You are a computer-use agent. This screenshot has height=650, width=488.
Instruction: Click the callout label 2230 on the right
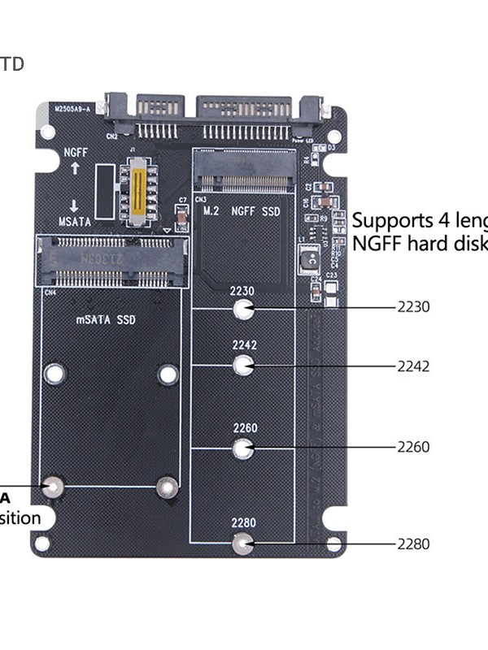point(413,307)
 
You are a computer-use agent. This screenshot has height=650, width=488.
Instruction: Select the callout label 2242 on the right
point(413,366)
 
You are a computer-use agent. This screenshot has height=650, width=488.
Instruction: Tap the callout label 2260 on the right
point(413,447)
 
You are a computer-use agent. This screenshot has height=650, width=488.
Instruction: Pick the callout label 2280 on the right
point(413,544)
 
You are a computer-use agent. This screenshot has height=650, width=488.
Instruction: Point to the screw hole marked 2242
point(242,366)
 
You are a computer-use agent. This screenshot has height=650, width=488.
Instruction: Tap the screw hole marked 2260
point(242,448)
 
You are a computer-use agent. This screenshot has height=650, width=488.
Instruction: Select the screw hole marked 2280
point(242,544)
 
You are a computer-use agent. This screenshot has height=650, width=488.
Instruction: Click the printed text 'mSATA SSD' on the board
point(107,320)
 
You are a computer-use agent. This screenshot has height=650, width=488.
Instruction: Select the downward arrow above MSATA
point(75,205)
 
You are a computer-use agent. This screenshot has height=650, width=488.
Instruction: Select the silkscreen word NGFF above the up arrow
point(76,151)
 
